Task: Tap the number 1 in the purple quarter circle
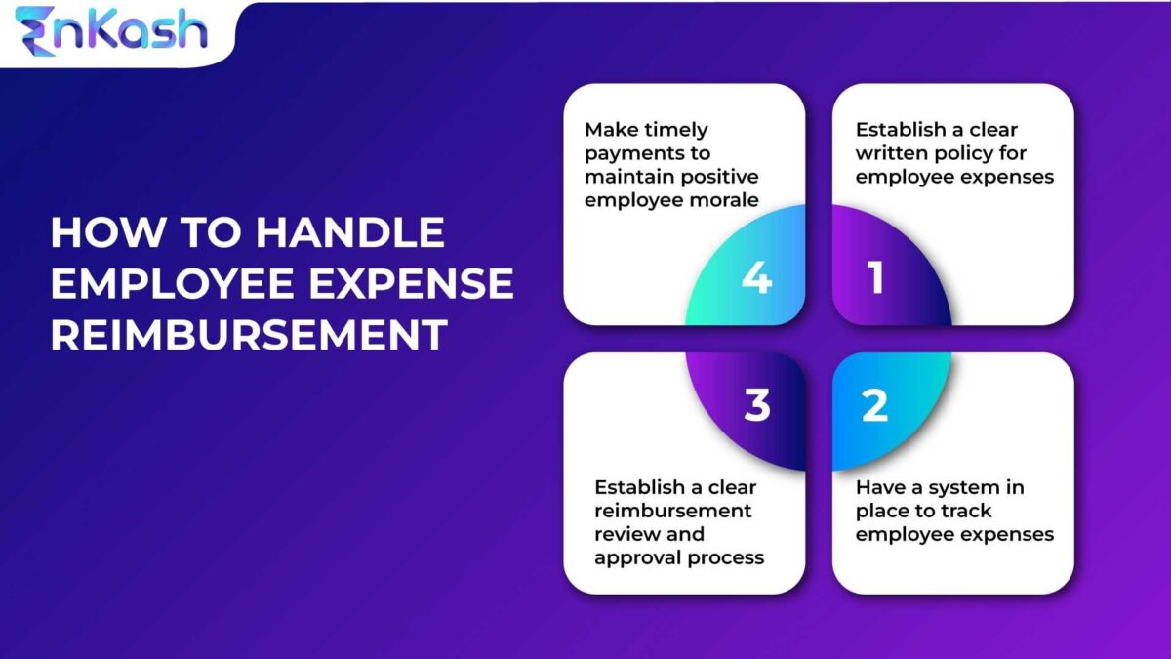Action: click(875, 277)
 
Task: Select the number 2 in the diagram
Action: click(874, 405)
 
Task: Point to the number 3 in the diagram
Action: click(757, 405)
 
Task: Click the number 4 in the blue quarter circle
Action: click(756, 278)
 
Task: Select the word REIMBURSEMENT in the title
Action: click(249, 335)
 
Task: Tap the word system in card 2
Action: click(951, 487)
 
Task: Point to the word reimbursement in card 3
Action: click(672, 511)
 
